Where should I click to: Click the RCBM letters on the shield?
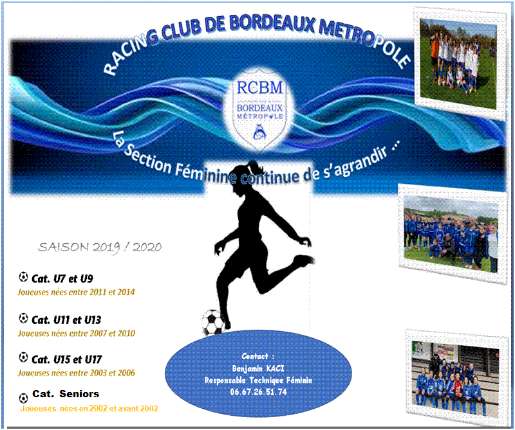(259, 88)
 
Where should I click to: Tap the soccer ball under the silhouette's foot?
(213, 323)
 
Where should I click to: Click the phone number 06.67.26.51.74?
(258, 392)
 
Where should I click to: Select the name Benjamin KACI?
(258, 368)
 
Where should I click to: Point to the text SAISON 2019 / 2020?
(100, 247)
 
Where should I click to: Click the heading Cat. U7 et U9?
(62, 279)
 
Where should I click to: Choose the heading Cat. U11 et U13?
(66, 320)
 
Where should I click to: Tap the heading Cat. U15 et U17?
(67, 359)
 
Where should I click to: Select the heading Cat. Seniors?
(66, 393)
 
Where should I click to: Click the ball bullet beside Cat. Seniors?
(23, 399)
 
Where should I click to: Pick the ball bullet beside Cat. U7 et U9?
(23, 277)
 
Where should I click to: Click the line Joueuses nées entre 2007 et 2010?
(76, 333)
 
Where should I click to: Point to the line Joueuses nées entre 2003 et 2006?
(76, 373)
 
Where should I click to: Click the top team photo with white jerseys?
(458, 63)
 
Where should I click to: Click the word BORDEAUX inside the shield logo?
(259, 107)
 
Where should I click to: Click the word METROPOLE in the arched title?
(364, 41)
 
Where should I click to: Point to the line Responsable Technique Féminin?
(258, 380)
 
